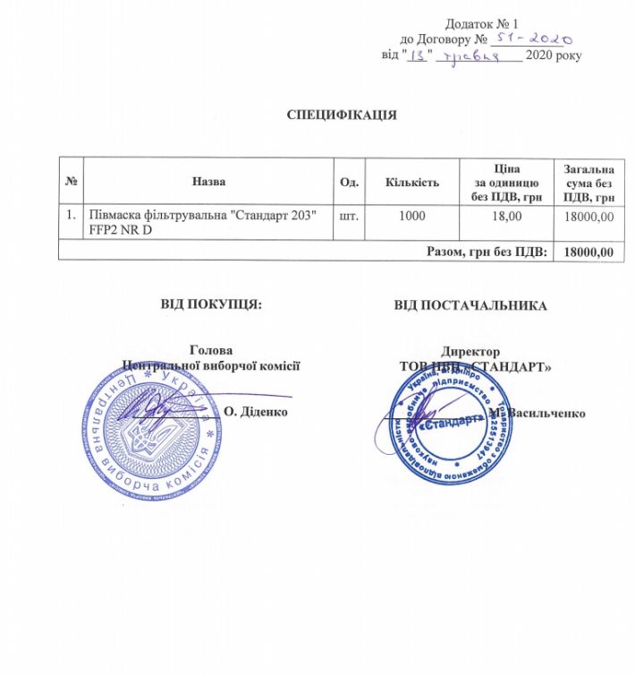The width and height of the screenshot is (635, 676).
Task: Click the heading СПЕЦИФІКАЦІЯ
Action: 341,116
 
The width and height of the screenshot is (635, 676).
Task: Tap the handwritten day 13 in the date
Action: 417,56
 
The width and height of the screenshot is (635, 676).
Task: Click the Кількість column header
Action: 411,184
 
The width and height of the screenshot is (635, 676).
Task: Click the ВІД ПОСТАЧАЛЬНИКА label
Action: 471,305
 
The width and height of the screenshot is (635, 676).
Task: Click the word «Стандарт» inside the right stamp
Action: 444,427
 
